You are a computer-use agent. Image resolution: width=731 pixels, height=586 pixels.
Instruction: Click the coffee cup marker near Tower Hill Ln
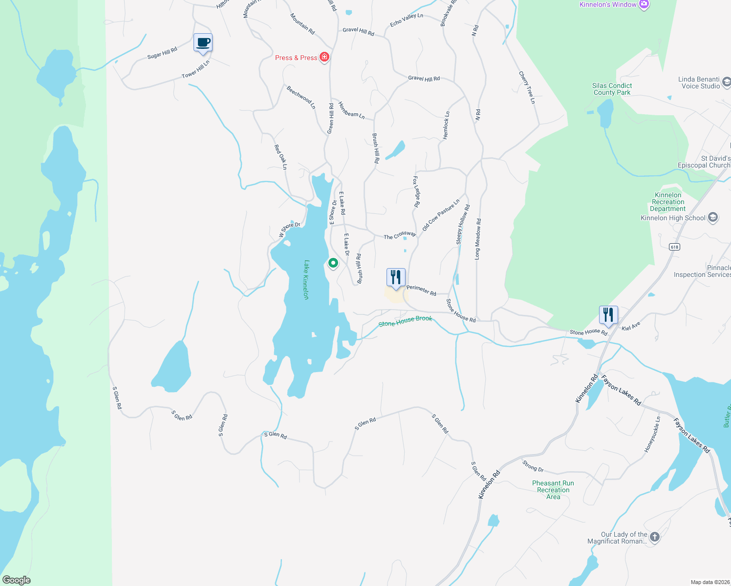coord(203,43)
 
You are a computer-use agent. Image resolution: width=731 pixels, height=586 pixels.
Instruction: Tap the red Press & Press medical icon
coord(324,57)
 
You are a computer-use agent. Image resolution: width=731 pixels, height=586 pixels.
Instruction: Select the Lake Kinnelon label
coord(306,279)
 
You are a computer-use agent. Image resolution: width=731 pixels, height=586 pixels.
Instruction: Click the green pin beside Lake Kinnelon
coord(333,263)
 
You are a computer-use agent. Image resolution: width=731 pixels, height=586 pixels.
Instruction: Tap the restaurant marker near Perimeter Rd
coord(396,277)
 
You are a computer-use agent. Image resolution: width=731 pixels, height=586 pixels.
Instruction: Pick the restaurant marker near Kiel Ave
coord(608,314)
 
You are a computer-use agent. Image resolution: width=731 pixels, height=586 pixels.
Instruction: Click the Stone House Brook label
coord(405,321)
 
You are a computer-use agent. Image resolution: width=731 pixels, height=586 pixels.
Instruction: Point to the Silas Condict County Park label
coord(612,89)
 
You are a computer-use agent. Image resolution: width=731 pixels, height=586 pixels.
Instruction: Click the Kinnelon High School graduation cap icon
coord(713,217)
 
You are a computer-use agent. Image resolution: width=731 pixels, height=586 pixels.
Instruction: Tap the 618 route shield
coord(674,247)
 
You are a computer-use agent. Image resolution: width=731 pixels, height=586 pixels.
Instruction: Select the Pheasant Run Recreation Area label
coord(553,490)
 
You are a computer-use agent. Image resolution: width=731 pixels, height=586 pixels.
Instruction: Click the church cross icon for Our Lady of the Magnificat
coord(655,537)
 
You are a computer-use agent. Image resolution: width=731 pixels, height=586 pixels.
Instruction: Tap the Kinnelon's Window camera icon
coord(644,5)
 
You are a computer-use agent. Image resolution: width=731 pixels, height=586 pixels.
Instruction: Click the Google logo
coord(17,580)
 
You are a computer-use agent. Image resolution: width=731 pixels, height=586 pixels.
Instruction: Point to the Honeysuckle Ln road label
coord(652,434)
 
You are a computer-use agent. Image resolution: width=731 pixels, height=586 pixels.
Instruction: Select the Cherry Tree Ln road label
coord(527,87)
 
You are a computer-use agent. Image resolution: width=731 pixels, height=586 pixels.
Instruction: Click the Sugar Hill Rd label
coord(162,53)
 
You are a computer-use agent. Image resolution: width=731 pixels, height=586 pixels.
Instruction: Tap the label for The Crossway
coord(400,236)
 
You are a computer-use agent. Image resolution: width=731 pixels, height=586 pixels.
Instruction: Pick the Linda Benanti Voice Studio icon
coord(726,82)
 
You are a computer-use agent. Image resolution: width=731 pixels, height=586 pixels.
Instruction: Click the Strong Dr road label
coord(533,466)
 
